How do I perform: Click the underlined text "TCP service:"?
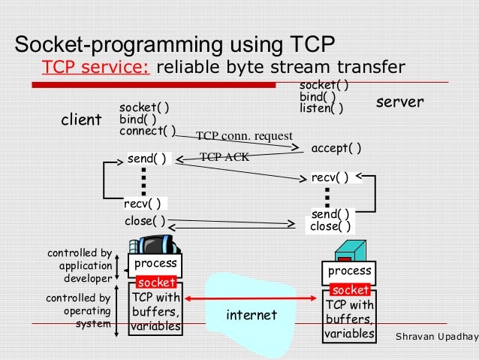point(97,68)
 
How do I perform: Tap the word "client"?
point(81,120)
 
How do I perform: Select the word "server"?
point(399,101)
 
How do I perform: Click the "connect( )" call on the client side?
point(147,131)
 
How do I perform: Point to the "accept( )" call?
point(336,148)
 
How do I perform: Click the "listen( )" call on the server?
point(321,108)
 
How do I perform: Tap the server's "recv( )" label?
point(331,178)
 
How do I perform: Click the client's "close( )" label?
point(145,222)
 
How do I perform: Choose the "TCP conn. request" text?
point(243,136)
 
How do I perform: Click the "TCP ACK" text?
point(224,158)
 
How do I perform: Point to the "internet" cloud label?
point(251,313)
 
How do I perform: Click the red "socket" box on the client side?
point(156,283)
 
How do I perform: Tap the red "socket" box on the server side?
point(350,290)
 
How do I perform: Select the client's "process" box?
point(155,264)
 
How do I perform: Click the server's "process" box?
point(350,271)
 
